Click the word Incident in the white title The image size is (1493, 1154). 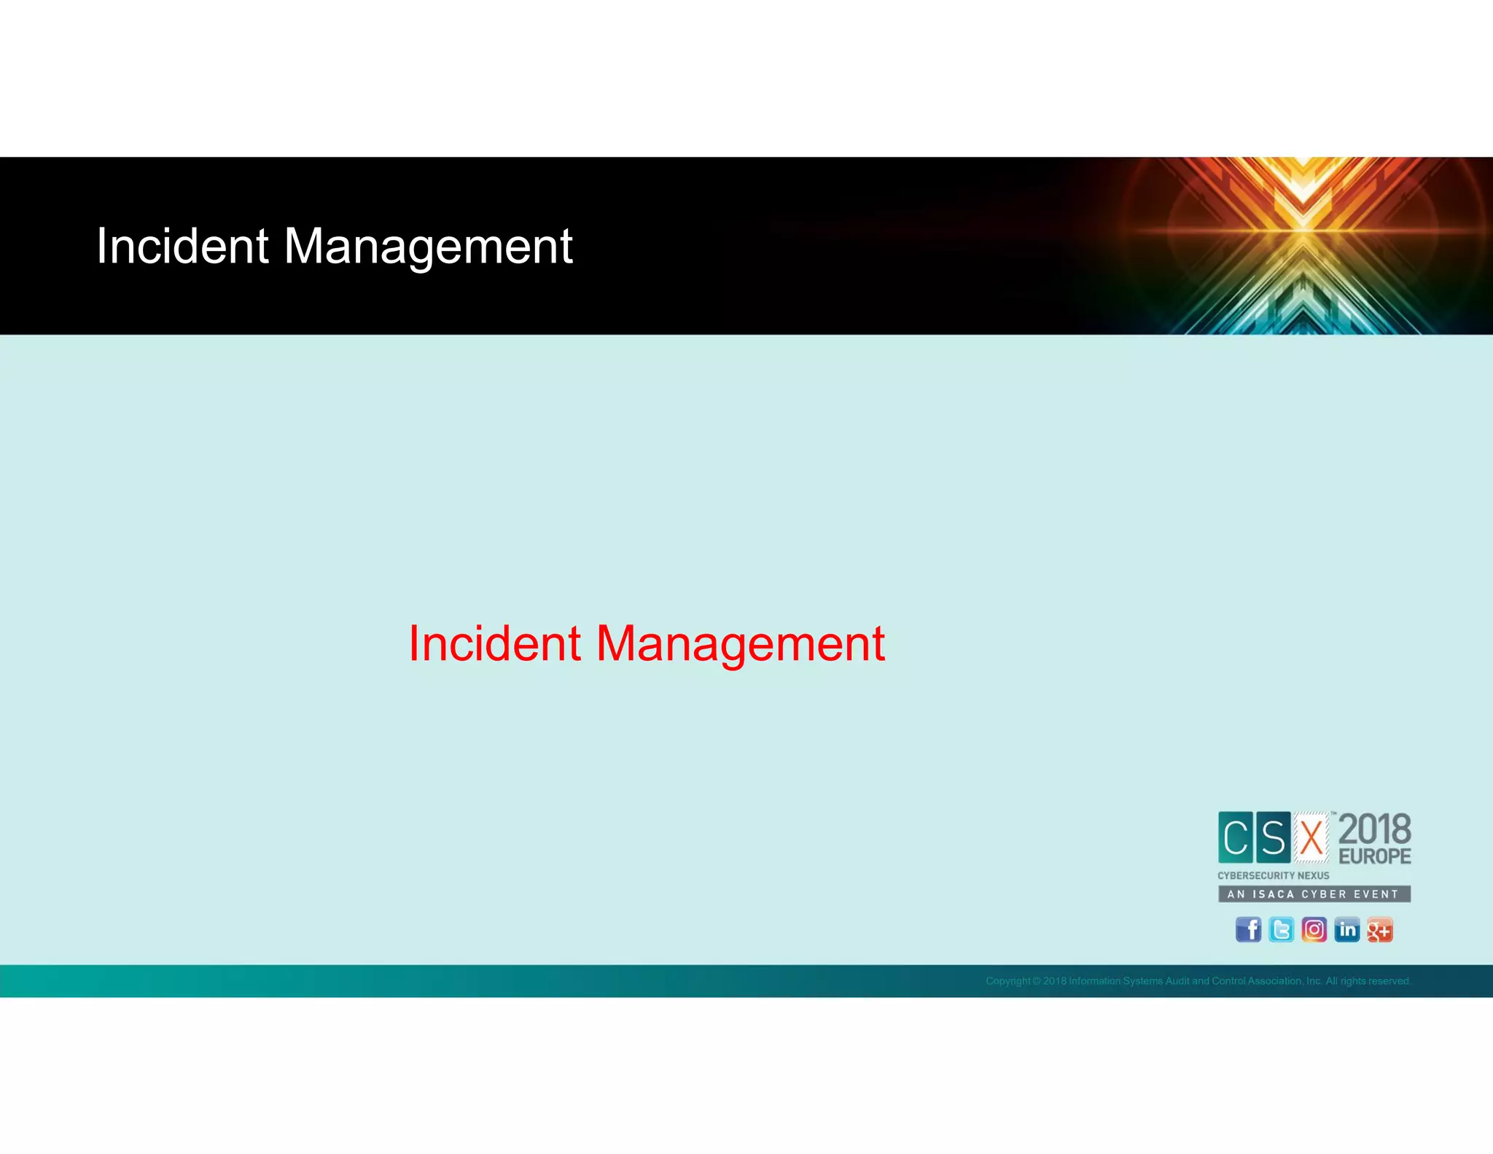click(x=182, y=246)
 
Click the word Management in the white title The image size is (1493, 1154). click(x=428, y=247)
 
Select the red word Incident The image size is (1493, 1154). click(x=494, y=643)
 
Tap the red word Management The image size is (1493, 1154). click(x=740, y=645)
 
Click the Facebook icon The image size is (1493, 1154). click(x=1248, y=929)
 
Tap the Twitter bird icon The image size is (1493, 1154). click(x=1281, y=929)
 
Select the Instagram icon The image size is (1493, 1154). click(x=1314, y=929)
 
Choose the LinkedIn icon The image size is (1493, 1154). click(x=1346, y=929)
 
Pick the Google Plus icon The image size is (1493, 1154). click(x=1379, y=929)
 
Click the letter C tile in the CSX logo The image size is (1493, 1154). click(x=1236, y=837)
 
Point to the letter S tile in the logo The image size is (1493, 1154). click(x=1273, y=837)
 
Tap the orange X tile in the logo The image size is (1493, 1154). click(x=1311, y=837)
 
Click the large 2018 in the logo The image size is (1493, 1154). click(x=1375, y=830)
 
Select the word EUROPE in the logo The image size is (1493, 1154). click(x=1375, y=856)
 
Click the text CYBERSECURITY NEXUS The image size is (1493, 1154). click(x=1274, y=875)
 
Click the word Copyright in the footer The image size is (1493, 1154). click(x=1008, y=981)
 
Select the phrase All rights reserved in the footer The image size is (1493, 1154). click(x=1368, y=981)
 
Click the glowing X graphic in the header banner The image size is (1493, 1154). click(x=1303, y=233)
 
